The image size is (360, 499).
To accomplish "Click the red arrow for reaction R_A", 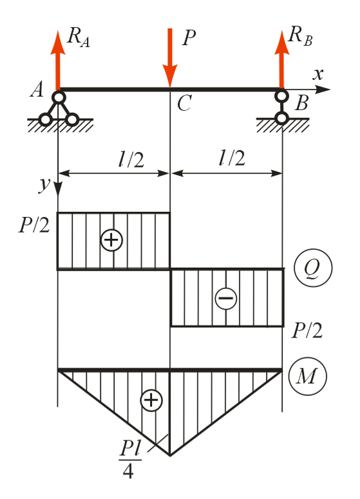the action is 57,61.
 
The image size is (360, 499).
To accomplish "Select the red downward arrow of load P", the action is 170,58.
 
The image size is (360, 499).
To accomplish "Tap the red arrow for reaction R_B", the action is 281,60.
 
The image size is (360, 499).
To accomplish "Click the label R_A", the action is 79,37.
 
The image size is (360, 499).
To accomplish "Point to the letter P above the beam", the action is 189,38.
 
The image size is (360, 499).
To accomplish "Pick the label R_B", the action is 300,36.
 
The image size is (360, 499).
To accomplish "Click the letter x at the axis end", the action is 317,75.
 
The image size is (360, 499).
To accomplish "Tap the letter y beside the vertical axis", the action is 44,184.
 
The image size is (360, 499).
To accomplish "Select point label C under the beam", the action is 184,104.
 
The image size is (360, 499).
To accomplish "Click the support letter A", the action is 37,89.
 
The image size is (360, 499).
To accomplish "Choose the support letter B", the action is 301,103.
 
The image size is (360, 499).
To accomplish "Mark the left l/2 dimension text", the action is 131,159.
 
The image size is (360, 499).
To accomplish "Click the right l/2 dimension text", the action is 232,158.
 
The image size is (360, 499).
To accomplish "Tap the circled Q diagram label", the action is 313,268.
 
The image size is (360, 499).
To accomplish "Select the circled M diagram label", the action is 307,376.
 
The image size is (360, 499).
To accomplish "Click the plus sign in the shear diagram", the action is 111,240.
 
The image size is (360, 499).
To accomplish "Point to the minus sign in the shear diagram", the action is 226,298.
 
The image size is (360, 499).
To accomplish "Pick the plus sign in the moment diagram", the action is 151,400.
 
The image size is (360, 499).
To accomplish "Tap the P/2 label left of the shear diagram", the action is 34,225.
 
